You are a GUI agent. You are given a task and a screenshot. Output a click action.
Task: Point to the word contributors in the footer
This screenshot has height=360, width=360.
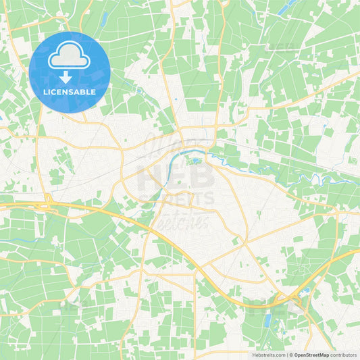(x=344, y=355)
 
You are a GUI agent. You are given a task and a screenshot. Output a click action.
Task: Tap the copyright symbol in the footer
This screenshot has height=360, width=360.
(x=291, y=355)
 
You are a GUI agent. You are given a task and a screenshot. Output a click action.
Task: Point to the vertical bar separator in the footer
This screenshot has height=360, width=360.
(x=287, y=355)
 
